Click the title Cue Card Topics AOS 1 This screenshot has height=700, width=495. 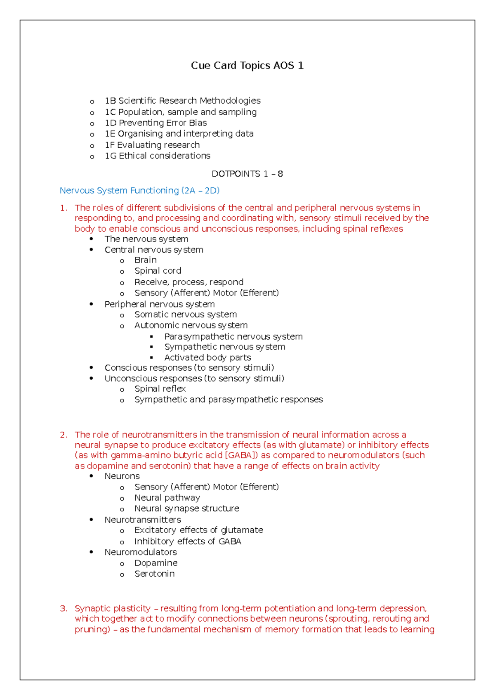pos(247,66)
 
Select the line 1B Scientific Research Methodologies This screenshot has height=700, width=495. pos(182,101)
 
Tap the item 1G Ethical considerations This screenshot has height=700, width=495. pos(157,156)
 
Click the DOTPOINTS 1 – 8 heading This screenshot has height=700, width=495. pos(247,174)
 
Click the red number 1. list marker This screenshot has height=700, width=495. pos(64,208)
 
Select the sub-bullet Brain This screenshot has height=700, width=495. pos(145,260)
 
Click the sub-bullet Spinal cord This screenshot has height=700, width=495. pos(158,271)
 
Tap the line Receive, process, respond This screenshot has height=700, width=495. pos(189,282)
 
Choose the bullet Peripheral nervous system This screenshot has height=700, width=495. pos(159,304)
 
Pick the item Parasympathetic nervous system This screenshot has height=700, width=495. pos(233,336)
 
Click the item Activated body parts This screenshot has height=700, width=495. pos(207,357)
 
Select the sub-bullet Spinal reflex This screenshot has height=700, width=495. pos(160,389)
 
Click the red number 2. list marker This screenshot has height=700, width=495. pos(64,435)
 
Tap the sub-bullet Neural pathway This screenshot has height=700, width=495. pos(167,498)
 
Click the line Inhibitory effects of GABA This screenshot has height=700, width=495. pos(187,542)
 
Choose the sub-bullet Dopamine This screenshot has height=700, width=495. pos(156,563)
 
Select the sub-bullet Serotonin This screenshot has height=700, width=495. pos(154,574)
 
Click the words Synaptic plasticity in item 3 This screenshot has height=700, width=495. pos(113,608)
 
